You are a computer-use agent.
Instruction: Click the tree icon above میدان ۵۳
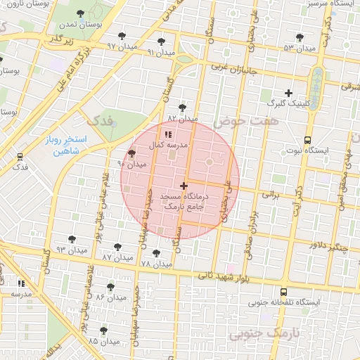(300, 37)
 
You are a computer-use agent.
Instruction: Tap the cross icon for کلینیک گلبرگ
(288, 93)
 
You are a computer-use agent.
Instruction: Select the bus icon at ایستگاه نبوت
(307, 140)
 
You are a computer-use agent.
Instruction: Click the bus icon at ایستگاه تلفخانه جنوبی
(283, 292)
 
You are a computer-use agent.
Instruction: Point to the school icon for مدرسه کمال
(167, 134)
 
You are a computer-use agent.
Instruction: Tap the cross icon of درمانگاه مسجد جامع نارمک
(184, 186)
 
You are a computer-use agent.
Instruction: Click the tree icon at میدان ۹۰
(131, 153)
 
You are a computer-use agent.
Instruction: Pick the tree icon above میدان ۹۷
(122, 36)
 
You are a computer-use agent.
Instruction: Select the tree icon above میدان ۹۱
(162, 41)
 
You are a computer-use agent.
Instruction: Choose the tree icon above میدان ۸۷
(117, 247)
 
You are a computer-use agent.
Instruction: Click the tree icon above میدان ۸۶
(110, 287)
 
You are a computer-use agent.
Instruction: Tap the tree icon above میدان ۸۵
(103, 330)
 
